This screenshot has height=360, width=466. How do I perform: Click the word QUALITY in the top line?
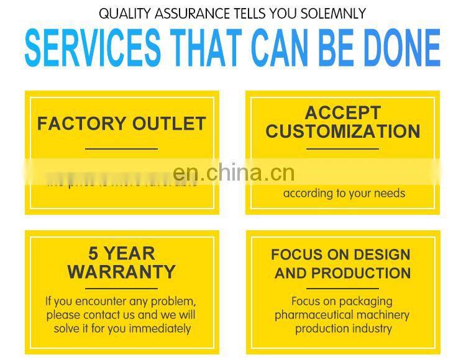pos(123,13)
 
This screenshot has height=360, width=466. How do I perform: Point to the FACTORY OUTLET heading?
pos(121,124)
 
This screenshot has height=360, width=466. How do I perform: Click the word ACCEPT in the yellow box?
pos(342,113)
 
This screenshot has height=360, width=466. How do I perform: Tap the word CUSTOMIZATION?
pos(342,132)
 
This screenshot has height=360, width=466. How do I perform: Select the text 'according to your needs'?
pos(344,193)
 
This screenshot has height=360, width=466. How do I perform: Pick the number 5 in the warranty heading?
pos(93,253)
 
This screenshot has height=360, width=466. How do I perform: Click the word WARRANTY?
pos(121,272)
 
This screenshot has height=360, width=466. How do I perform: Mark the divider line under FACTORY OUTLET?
pos(121,149)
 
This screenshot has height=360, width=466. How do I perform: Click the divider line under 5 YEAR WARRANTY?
pos(121,289)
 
